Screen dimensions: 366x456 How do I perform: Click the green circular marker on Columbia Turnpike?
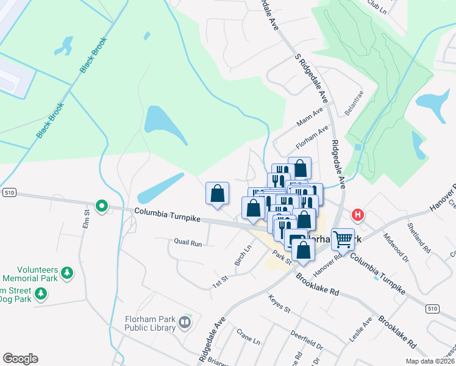click(102, 207)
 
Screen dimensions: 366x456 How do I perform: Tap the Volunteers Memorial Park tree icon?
click(67, 272)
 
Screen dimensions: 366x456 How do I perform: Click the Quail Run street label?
click(187, 243)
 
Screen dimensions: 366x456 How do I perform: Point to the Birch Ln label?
click(243, 256)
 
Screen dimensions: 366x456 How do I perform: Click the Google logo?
click(20, 359)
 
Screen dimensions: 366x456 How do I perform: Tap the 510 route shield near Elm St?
click(9, 193)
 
